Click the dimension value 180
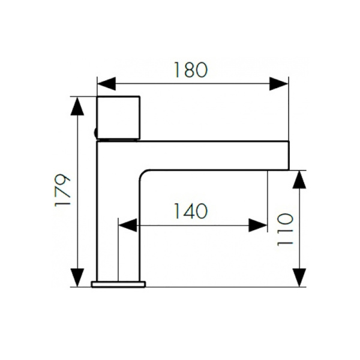[191, 70]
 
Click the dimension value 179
[62, 191]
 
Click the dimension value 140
[191, 211]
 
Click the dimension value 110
[285, 229]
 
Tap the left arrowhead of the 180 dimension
[107, 84]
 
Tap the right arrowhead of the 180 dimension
[279, 84]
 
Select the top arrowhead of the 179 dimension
[77, 106]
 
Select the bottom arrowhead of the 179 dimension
[77, 278]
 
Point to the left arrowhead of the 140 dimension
[128, 225]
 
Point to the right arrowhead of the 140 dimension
[258, 225]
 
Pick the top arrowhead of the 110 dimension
[299, 180]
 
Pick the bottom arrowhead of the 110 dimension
[299, 278]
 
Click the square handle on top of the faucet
[118, 118]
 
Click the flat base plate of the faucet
[118, 284]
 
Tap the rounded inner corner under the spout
[144, 175]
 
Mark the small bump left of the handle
[95, 133]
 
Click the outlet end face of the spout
[289, 155]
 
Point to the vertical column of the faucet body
[118, 211]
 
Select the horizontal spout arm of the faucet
[214, 155]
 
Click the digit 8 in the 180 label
[189, 70]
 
